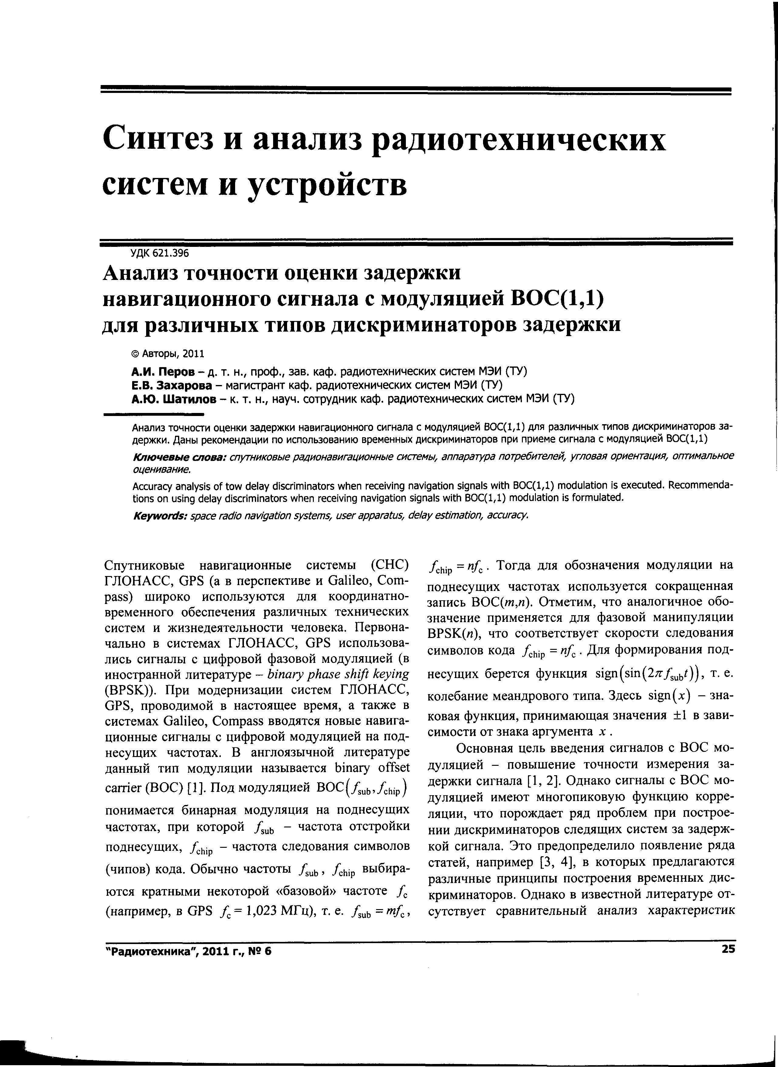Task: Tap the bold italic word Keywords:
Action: [160, 515]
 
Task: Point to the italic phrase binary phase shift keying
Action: [338, 674]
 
